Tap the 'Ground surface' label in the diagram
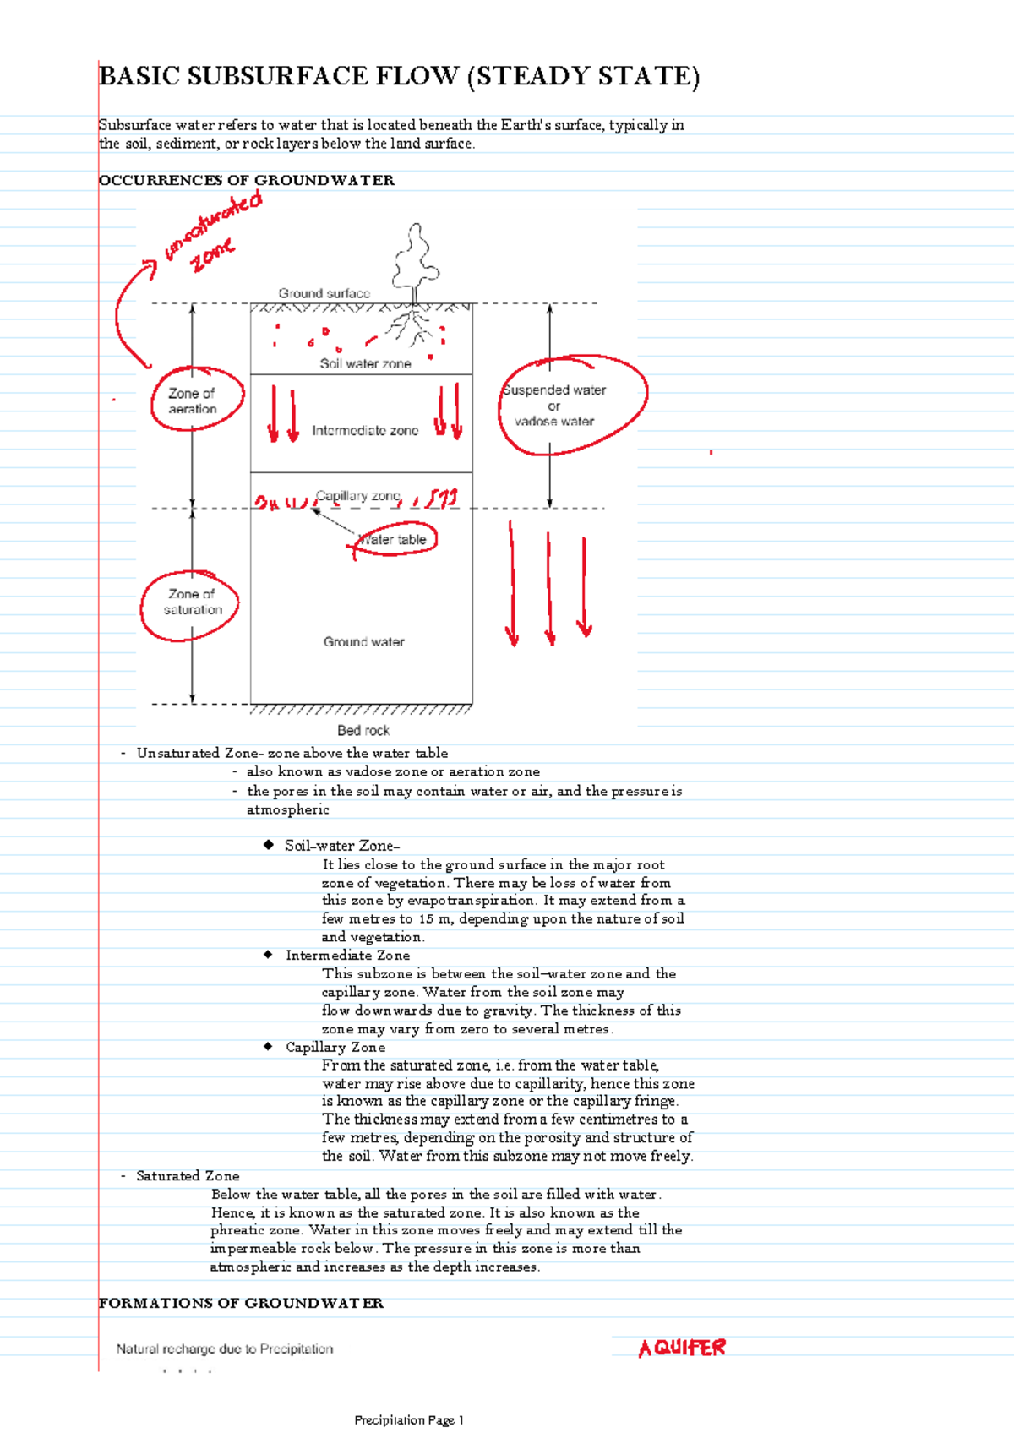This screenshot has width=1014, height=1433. [x=324, y=293]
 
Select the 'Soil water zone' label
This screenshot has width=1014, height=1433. [x=365, y=363]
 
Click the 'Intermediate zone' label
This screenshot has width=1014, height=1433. [x=365, y=431]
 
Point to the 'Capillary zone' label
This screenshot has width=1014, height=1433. [x=357, y=496]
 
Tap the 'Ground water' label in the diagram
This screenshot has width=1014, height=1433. [x=363, y=642]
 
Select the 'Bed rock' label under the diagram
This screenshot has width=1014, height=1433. [x=363, y=731]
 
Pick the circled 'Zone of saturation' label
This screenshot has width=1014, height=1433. [x=193, y=602]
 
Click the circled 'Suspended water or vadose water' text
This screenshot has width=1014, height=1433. [x=554, y=406]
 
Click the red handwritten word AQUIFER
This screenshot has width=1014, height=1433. [x=682, y=1349]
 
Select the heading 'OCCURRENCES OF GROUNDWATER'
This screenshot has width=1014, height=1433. [x=247, y=180]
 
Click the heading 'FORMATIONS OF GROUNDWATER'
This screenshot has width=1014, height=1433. [x=241, y=1303]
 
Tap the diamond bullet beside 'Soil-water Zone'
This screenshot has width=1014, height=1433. [x=269, y=845]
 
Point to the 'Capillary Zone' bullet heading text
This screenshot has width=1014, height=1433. [x=335, y=1047]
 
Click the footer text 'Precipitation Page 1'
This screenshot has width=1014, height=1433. [x=409, y=1420]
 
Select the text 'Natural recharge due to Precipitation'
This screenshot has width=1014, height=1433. [x=225, y=1349]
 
